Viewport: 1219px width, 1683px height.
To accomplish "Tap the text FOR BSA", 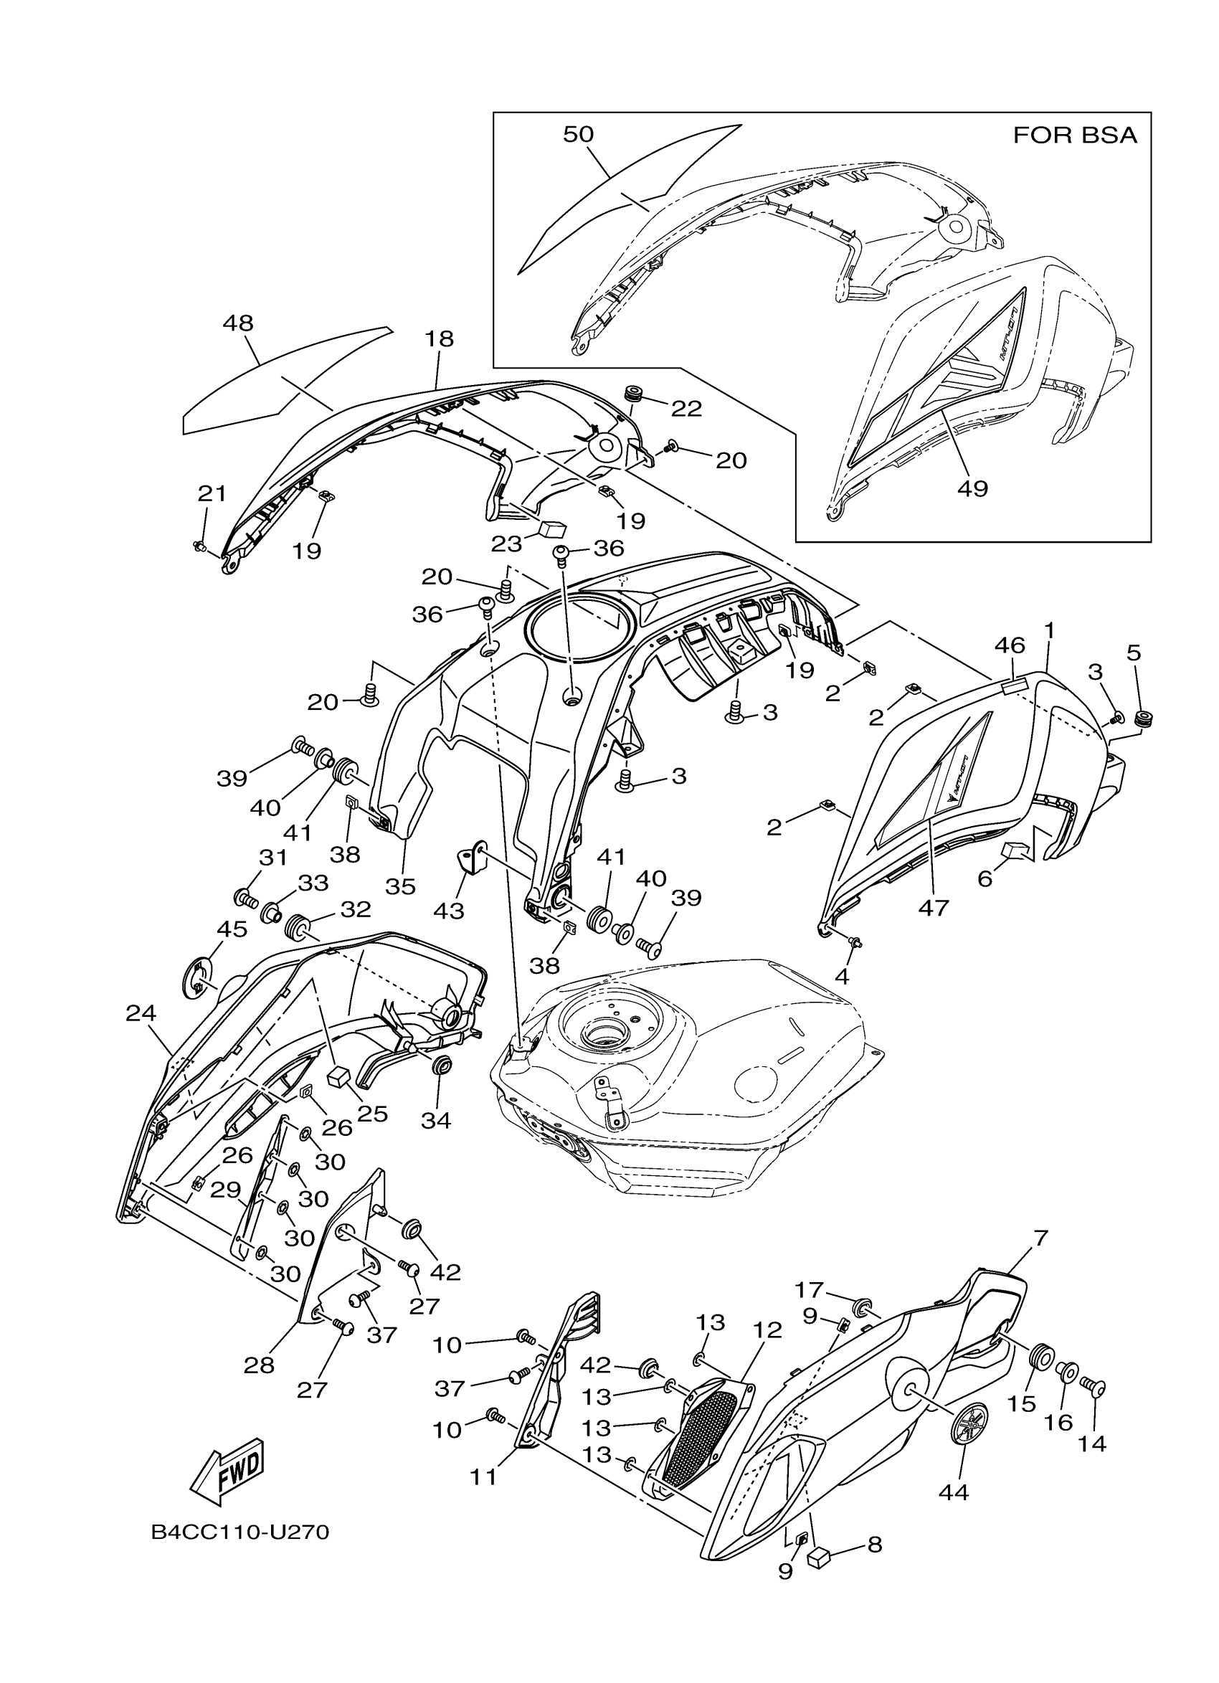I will coord(1074,136).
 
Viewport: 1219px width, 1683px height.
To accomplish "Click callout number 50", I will coord(578,134).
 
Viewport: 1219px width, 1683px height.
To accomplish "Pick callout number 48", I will coord(237,323).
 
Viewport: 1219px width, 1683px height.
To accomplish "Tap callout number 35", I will coord(401,886).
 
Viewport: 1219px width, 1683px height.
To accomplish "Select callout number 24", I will coord(141,1013).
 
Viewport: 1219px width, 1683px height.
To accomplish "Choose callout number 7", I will coord(1040,1238).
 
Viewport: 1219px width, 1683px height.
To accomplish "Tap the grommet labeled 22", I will coord(633,393).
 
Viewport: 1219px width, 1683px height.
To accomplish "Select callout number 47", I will coord(933,907).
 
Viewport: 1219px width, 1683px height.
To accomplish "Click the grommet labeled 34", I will coord(443,1067).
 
